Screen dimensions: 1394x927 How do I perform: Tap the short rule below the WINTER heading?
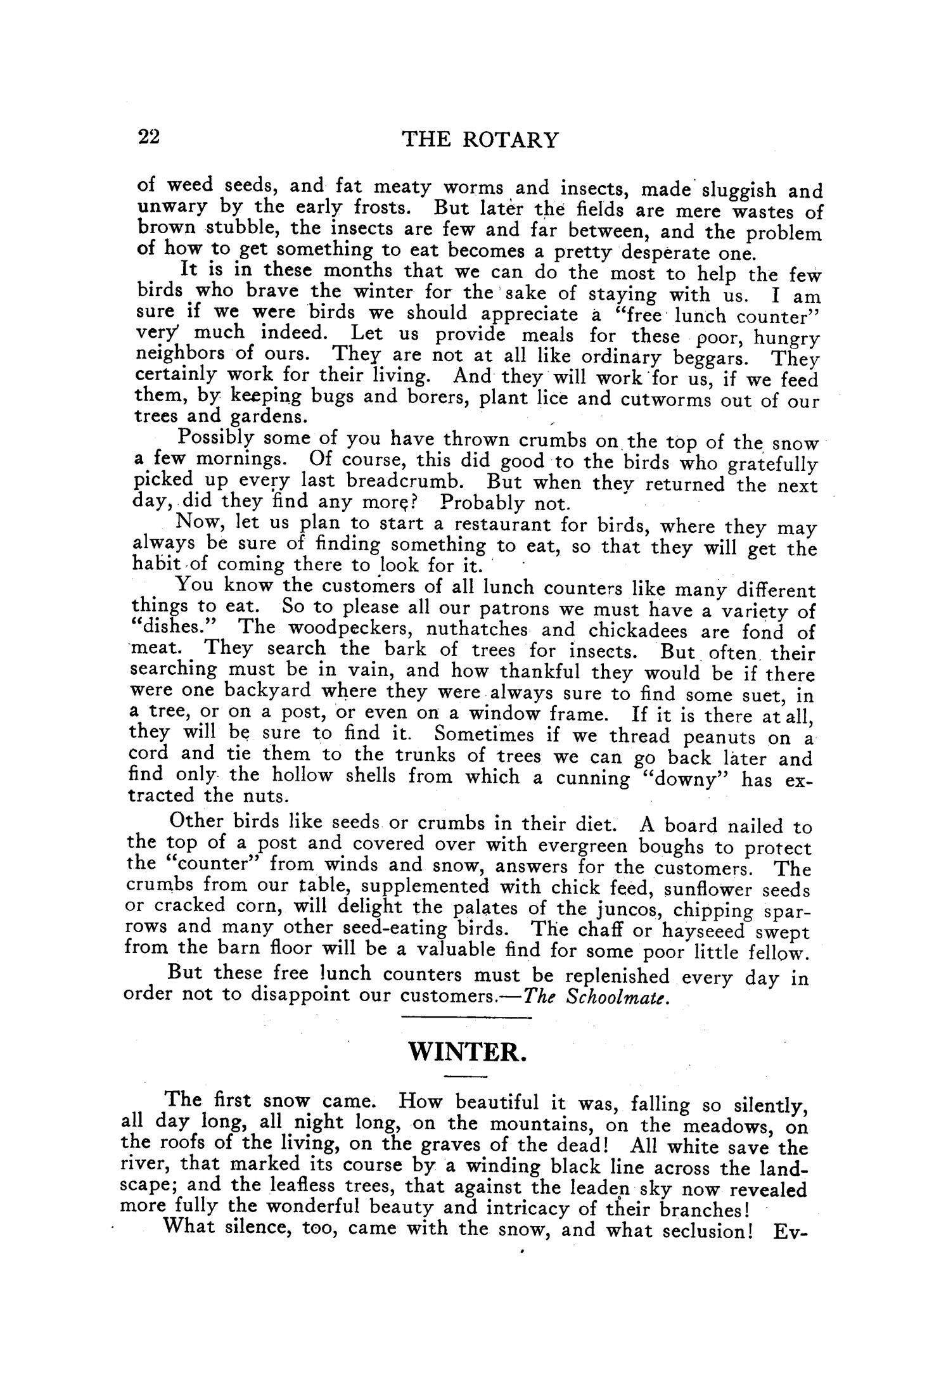point(466,1077)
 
